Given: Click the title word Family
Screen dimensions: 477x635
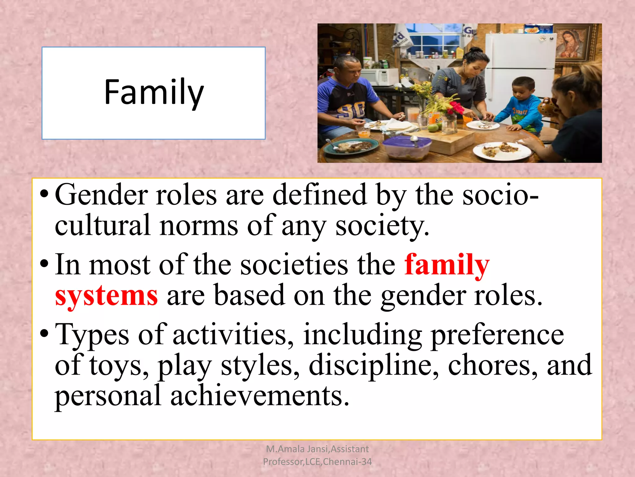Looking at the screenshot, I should coord(154,92).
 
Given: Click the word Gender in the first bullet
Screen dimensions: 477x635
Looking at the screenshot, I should coord(101,195).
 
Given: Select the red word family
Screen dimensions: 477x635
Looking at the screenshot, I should coord(447,265).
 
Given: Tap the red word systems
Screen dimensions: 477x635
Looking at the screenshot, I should coord(106,296).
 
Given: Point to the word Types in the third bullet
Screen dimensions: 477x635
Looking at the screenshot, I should coord(92,335).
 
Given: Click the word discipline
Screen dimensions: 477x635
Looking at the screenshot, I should coord(374,365).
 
